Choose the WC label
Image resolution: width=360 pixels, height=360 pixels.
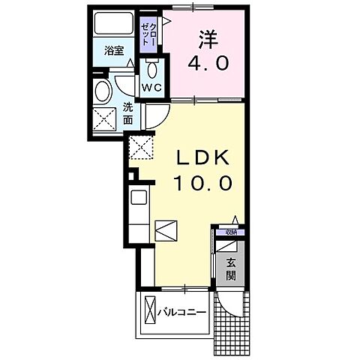[x=153, y=88]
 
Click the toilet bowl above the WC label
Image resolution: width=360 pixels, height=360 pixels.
[x=152, y=70]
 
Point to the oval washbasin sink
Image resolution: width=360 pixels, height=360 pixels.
[x=103, y=91]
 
